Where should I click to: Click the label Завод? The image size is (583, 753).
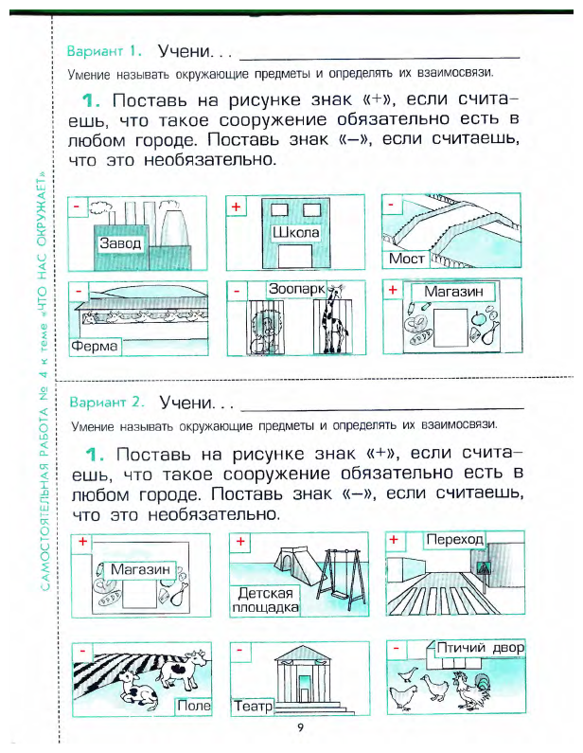[x=120, y=243]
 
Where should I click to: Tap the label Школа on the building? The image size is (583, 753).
[x=296, y=233]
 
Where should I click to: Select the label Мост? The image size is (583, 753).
[x=407, y=259]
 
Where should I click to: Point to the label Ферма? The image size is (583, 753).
[x=95, y=347]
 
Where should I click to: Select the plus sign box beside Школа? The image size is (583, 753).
[x=237, y=206]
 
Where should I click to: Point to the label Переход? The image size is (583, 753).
[x=454, y=540]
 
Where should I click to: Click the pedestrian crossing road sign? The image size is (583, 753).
[x=487, y=570]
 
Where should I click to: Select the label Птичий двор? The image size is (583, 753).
[x=480, y=648]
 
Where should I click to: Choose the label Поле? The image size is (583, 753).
[x=194, y=707]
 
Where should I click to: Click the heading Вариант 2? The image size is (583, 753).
[x=104, y=402]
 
